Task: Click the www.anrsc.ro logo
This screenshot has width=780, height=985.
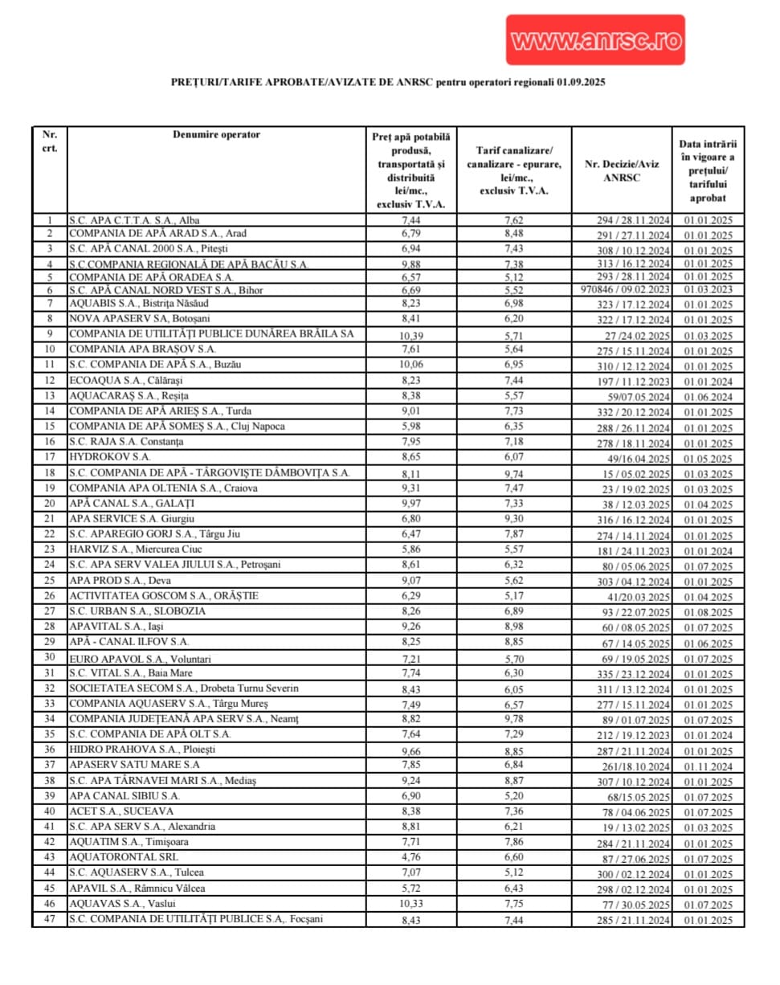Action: pyautogui.click(x=595, y=40)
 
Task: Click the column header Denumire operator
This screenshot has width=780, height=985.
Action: pyautogui.click(x=216, y=135)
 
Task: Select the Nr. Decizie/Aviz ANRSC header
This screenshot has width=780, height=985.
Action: pyautogui.click(x=622, y=170)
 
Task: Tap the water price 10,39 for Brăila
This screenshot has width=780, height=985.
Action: pyautogui.click(x=410, y=335)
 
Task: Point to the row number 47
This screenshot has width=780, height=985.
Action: pyautogui.click(x=50, y=919)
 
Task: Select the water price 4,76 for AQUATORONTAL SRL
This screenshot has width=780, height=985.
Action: pyautogui.click(x=410, y=858)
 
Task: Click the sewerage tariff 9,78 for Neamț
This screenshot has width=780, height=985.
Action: pyautogui.click(x=513, y=720)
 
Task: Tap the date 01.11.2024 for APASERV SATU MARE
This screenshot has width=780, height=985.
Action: pyautogui.click(x=708, y=766)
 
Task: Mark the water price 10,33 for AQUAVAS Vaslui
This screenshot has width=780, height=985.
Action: pyautogui.click(x=410, y=905)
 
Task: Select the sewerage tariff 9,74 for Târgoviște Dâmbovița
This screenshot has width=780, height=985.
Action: pyautogui.click(x=513, y=474)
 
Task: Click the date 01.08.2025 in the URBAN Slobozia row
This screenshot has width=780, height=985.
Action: pyautogui.click(x=708, y=612)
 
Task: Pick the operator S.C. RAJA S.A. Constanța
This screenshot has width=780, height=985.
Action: pyautogui.click(x=126, y=442)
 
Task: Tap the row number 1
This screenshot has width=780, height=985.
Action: pyautogui.click(x=50, y=220)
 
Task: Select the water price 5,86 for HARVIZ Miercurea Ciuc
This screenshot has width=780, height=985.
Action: pyautogui.click(x=410, y=550)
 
